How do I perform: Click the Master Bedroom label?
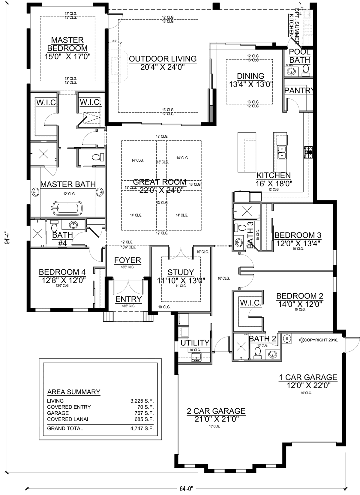pyautogui.click(x=67, y=44)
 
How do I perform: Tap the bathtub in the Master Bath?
pyautogui.click(x=67, y=208)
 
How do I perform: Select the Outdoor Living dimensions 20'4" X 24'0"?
pyautogui.click(x=162, y=67)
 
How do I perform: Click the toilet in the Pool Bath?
pyautogui.click(x=306, y=70)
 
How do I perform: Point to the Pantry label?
pyautogui.click(x=299, y=90)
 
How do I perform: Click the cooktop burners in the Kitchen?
pyautogui.click(x=308, y=152)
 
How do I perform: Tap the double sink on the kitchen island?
pyautogui.click(x=281, y=152)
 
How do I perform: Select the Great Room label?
pyautogui.click(x=160, y=182)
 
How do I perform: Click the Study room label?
pyautogui.click(x=181, y=272)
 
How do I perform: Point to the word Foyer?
pyautogui.click(x=127, y=260)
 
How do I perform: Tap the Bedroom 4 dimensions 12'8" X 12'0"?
pyautogui.click(x=64, y=280)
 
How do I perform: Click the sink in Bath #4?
pyautogui.click(x=73, y=225)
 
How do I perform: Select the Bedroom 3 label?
pyautogui.click(x=298, y=235)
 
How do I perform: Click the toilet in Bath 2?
pyautogui.click(x=257, y=353)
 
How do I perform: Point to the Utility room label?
pyautogui.click(x=195, y=343)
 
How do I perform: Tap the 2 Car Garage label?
pyautogui.click(x=216, y=411)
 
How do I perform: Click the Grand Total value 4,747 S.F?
pyautogui.click(x=142, y=428)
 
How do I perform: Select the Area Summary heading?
pyautogui.click(x=74, y=392)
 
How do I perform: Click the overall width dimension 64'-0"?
pyautogui.click(x=186, y=488)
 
